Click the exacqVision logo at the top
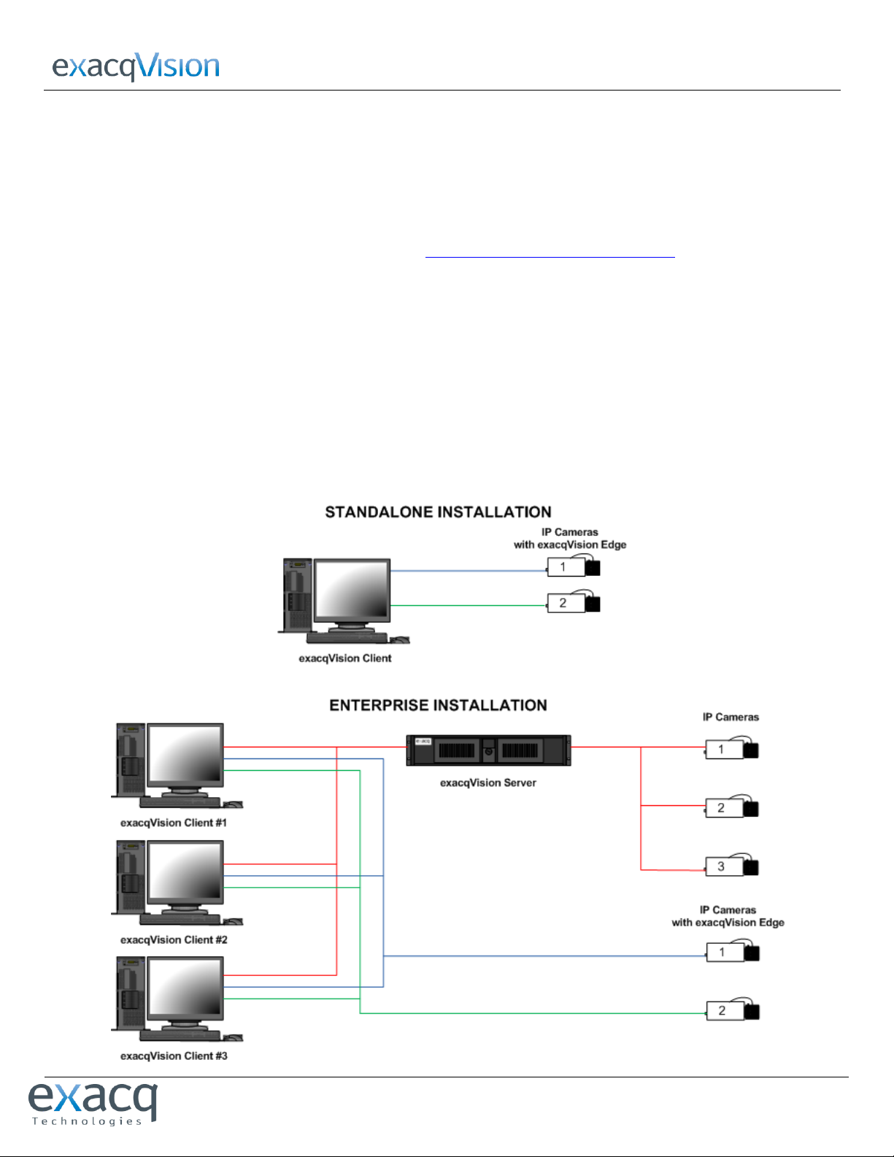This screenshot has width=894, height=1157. pos(136,66)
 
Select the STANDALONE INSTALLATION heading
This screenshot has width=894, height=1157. pos(438,512)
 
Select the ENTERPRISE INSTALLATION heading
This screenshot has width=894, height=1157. pos(438,706)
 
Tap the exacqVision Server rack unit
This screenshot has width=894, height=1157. pos(488,750)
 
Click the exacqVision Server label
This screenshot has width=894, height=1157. pos(488,783)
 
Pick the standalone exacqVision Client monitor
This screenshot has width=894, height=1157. pos(352,592)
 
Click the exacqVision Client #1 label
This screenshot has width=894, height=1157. pos(174,823)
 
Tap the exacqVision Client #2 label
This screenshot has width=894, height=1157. pos(174,940)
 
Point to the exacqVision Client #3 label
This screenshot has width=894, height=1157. pos(174,1056)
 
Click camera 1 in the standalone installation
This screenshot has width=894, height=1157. pos(573,567)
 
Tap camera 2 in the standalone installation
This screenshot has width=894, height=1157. pos(573,604)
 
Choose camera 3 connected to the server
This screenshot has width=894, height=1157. pos(731,867)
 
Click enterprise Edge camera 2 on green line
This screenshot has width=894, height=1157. pos(732,1011)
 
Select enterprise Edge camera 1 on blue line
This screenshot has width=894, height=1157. pos(732,953)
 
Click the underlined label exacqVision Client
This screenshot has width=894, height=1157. pos(344,658)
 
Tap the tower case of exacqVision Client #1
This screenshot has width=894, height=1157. pos(130,759)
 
